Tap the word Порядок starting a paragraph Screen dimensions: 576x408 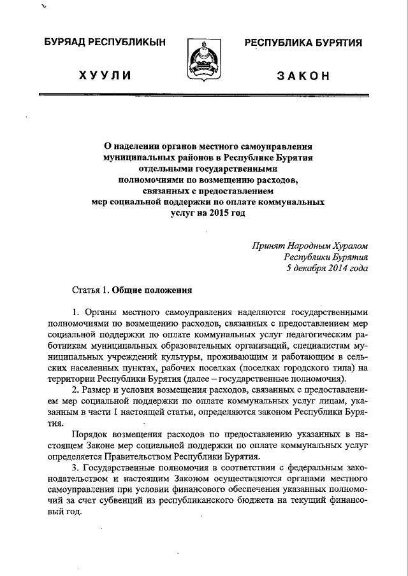tap(90, 435)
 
